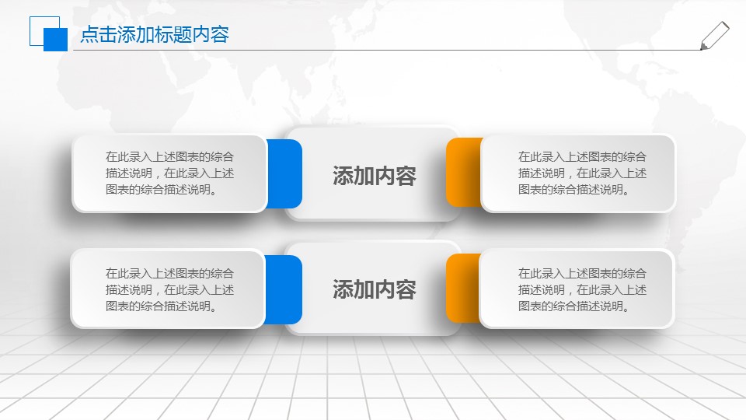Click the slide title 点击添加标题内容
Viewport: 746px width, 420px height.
click(155, 35)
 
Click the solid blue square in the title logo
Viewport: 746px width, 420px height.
click(55, 40)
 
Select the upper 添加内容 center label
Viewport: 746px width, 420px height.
click(374, 176)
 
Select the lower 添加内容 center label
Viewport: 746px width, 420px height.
click(374, 289)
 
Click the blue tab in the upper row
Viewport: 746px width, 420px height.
click(285, 174)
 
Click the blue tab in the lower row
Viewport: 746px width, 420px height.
click(284, 289)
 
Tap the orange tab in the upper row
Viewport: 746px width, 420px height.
click(463, 173)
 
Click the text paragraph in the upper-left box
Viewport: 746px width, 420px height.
click(169, 173)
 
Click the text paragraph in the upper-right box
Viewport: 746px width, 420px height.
click(581, 173)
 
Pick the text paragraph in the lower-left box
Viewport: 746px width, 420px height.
click(169, 289)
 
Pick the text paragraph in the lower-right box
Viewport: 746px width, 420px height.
click(581, 289)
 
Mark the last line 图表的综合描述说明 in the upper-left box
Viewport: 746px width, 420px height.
click(161, 189)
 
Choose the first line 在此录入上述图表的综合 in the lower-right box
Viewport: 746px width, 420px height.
click(581, 273)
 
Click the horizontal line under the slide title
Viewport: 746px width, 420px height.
click(389, 51)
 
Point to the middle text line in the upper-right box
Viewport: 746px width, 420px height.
click(581, 173)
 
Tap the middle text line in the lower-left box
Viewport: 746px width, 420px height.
click(169, 289)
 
